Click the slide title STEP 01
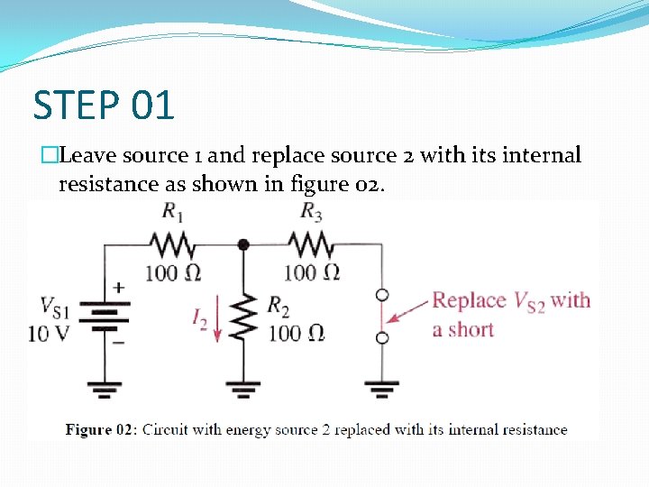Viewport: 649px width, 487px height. click(x=104, y=105)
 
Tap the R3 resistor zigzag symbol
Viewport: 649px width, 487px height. click(x=310, y=244)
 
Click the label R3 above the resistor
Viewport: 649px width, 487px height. click(x=311, y=213)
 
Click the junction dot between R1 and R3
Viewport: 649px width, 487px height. click(x=242, y=244)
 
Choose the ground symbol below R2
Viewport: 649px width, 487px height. click(x=242, y=390)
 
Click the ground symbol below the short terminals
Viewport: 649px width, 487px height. click(x=382, y=390)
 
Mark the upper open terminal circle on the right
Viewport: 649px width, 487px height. click(x=382, y=294)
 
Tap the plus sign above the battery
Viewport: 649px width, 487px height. click(x=118, y=288)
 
